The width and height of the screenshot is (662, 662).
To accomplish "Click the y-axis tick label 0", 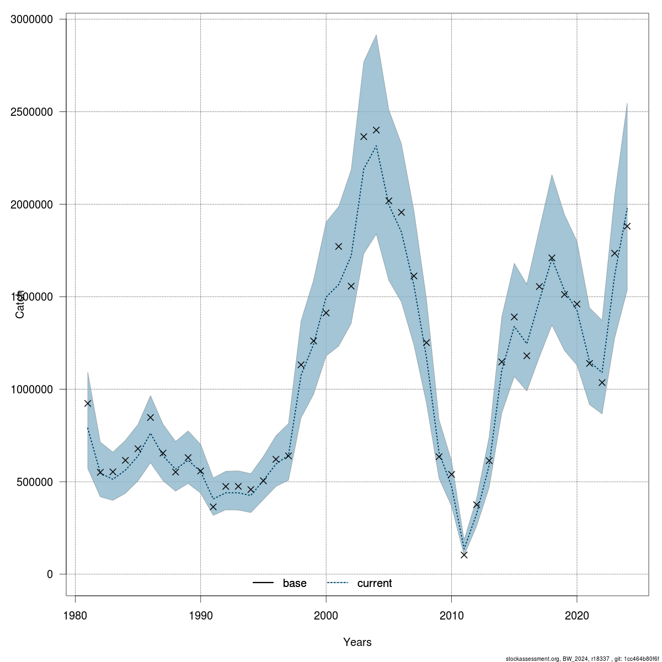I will (x=50, y=574).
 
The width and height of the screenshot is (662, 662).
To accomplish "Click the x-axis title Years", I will (x=357, y=642).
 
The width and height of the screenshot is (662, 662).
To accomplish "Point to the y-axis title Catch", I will (x=20, y=304).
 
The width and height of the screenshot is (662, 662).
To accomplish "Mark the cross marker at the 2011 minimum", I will (x=464, y=555).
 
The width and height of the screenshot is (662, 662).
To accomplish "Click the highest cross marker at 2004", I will (x=376, y=130).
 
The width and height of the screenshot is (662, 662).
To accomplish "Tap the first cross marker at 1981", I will (x=88, y=403).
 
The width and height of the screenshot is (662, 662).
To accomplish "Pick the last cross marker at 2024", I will (x=627, y=226).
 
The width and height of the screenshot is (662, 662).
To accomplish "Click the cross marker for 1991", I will (x=213, y=506).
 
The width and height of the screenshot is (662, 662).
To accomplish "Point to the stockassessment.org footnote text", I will (x=582, y=659).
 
